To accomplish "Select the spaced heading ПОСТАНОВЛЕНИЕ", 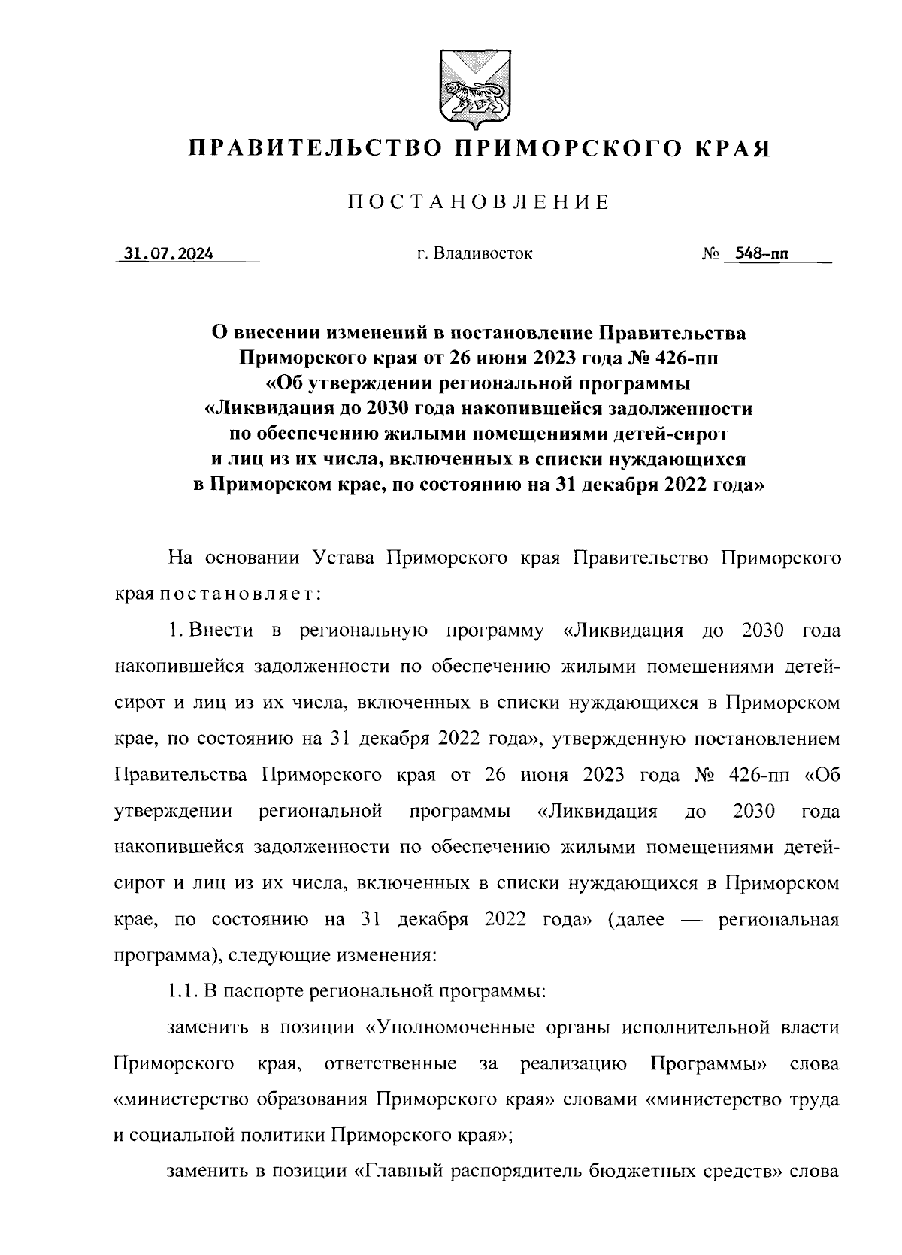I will pyautogui.click(x=477, y=202).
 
